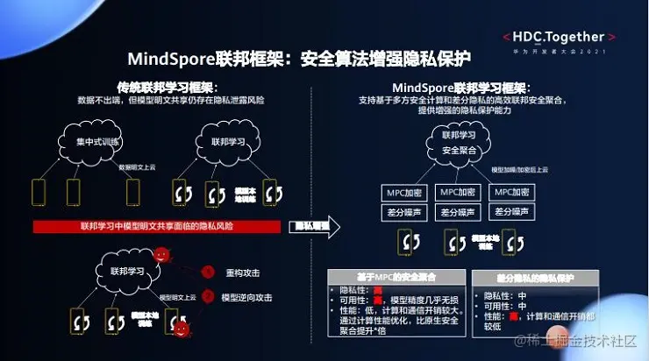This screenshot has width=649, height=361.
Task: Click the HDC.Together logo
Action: (x=559, y=38)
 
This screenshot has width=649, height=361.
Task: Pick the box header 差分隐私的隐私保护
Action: (x=524, y=277)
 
